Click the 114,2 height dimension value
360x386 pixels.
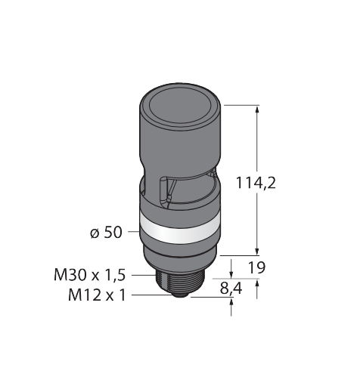tap(256, 183)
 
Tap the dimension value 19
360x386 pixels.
tap(257, 267)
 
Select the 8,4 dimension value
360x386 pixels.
tap(231, 289)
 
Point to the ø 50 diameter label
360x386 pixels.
tap(106, 232)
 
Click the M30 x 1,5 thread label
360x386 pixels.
tap(89, 275)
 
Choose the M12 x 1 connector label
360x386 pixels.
tap(97, 295)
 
